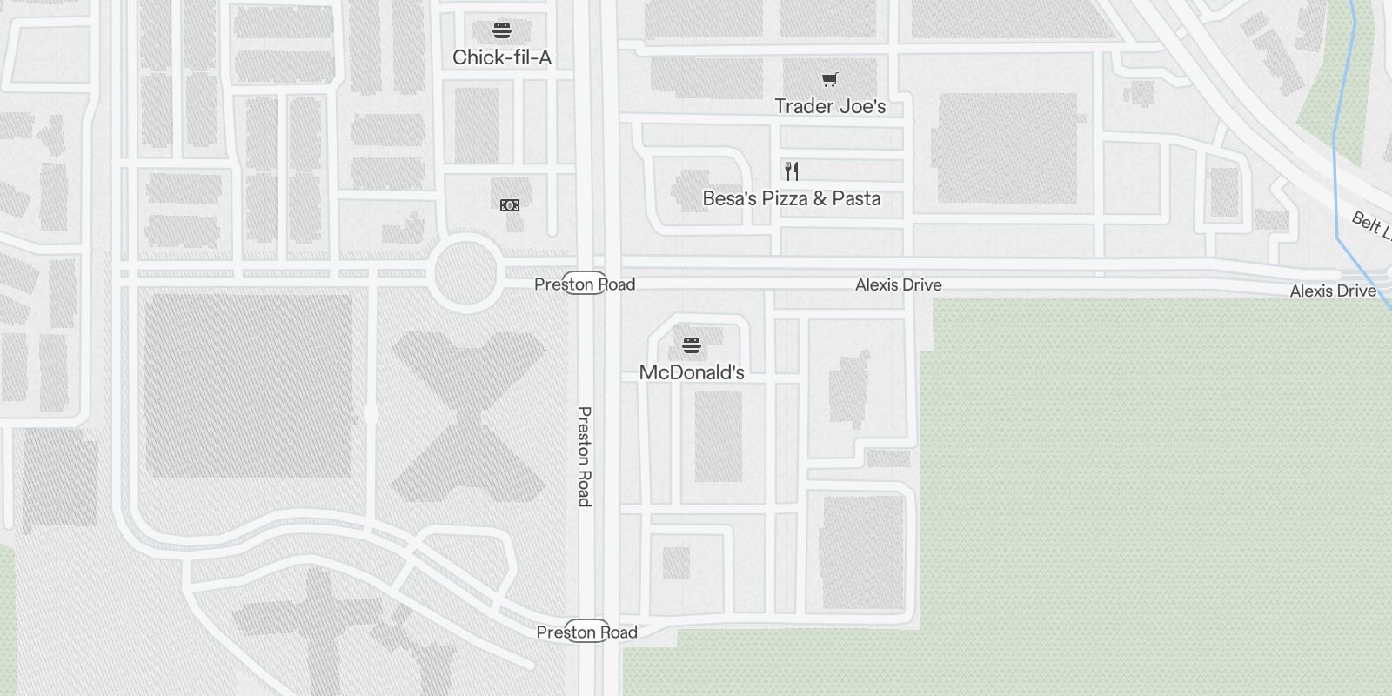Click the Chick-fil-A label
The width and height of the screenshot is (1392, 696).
[x=502, y=58]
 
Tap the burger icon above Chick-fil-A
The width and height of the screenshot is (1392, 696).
[x=502, y=30]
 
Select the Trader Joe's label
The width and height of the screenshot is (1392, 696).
[x=830, y=106]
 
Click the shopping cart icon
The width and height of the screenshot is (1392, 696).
[x=830, y=80]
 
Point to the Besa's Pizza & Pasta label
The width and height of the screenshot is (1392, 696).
[x=792, y=198]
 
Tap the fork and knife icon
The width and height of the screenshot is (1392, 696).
[x=792, y=171]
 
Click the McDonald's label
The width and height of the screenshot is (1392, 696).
[x=692, y=372]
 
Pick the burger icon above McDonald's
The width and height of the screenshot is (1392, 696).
[x=692, y=345]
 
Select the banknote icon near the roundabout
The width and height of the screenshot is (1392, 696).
[x=510, y=205]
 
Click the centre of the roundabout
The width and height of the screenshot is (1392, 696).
[x=467, y=273]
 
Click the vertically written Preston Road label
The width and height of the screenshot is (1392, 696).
[x=585, y=456]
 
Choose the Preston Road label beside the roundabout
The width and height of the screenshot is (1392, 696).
[x=585, y=284]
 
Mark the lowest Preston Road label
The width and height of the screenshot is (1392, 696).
[x=587, y=632]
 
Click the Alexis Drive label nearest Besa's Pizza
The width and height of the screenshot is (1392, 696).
[x=898, y=284]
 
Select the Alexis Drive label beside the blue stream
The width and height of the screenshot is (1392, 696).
[x=1333, y=291]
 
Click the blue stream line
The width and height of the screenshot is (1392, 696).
[x=1336, y=174]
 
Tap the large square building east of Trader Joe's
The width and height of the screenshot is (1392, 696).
[x=1007, y=147]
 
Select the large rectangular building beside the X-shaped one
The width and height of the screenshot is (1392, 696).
[x=248, y=385]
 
